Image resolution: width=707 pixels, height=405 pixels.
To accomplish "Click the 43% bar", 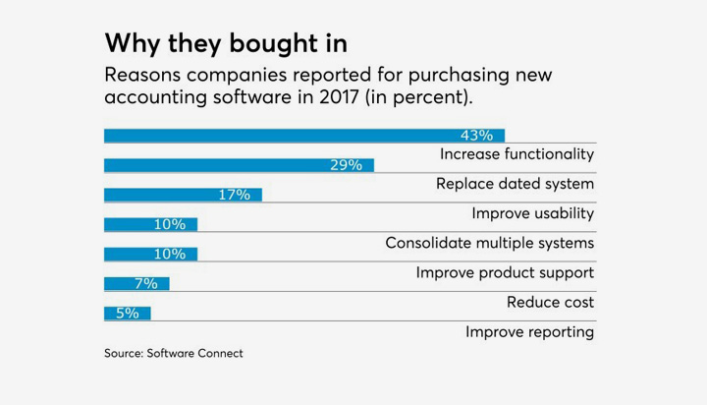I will (x=304, y=136).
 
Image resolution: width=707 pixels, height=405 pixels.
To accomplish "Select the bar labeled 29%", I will (x=239, y=165).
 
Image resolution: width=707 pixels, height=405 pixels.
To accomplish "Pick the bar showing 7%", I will (x=136, y=283).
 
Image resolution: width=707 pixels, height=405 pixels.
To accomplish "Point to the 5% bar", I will (x=127, y=313).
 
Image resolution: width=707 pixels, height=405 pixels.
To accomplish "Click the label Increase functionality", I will (x=517, y=154).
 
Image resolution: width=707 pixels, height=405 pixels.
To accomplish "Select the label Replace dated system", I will (x=515, y=184).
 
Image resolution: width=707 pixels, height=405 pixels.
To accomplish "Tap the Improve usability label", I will (x=532, y=213).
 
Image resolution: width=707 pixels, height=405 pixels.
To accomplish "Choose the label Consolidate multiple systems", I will (x=489, y=243).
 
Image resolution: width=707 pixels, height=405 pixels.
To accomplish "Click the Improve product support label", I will (x=505, y=272).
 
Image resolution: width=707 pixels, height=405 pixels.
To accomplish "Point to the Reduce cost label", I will (x=550, y=302).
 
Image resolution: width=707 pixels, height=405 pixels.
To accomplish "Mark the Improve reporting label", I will (x=529, y=331).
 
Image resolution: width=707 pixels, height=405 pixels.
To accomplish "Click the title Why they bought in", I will (x=226, y=44).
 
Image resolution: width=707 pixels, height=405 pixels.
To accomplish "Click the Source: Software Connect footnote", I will (x=173, y=353).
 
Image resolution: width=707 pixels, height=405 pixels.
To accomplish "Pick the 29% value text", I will (x=346, y=165).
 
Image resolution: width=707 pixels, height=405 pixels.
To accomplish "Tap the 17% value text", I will (x=234, y=195).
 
